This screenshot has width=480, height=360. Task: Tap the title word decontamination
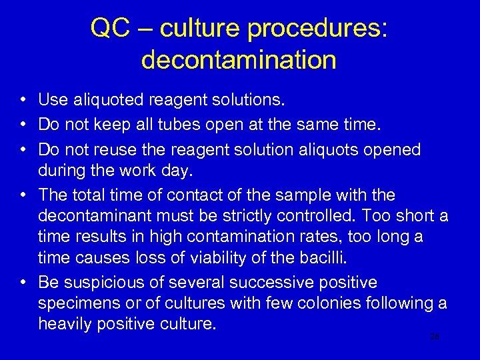239,60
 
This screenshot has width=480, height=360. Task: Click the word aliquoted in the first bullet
103,101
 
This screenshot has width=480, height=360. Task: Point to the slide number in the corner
434,337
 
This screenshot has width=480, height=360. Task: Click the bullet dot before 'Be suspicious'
23,283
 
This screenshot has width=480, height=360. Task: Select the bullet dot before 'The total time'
23,195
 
